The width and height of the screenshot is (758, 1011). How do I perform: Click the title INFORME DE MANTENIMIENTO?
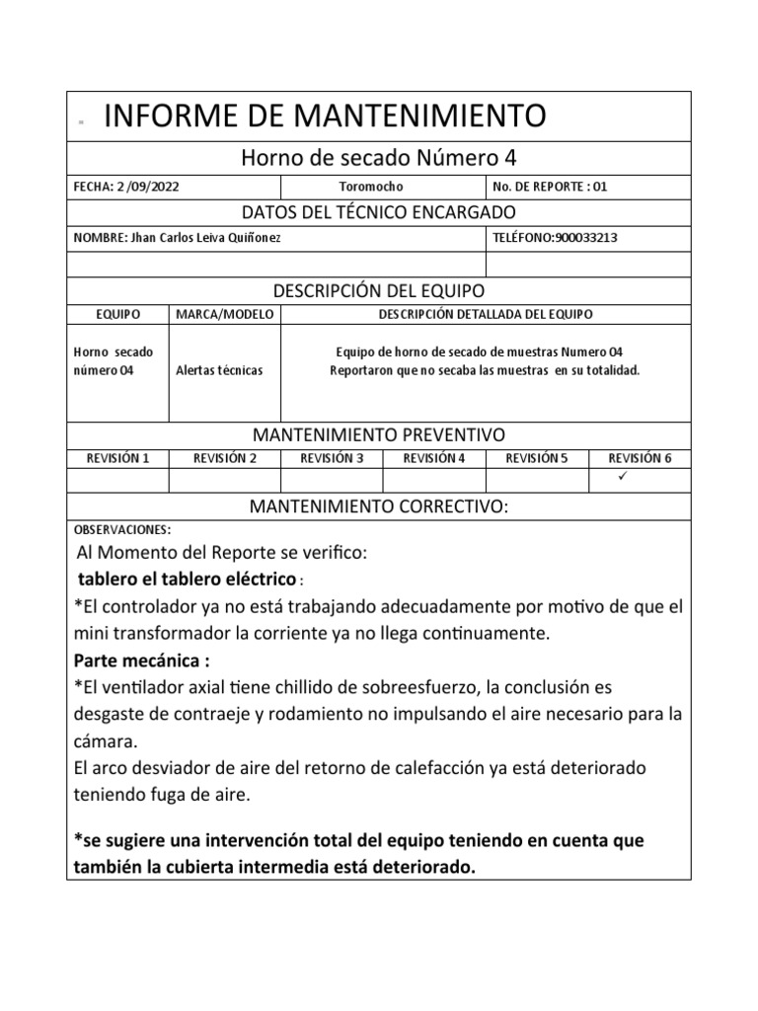click(x=324, y=117)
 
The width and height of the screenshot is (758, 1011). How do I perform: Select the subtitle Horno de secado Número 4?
click(x=379, y=159)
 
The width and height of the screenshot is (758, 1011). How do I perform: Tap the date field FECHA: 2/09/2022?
click(x=125, y=187)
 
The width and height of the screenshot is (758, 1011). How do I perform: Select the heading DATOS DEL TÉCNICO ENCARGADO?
click(x=379, y=212)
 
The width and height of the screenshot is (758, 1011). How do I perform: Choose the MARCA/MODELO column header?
click(x=225, y=314)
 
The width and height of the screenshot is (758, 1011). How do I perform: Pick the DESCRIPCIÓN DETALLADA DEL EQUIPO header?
click(x=485, y=314)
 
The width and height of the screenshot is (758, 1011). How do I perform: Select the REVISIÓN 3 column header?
click(x=332, y=458)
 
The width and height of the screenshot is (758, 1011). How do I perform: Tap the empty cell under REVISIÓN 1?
click(x=118, y=480)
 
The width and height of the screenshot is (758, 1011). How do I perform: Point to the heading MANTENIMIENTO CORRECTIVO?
click(x=379, y=506)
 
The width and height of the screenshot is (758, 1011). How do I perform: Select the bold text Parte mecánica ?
click(x=142, y=660)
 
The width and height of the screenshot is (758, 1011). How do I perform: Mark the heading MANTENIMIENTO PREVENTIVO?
click(x=379, y=434)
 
